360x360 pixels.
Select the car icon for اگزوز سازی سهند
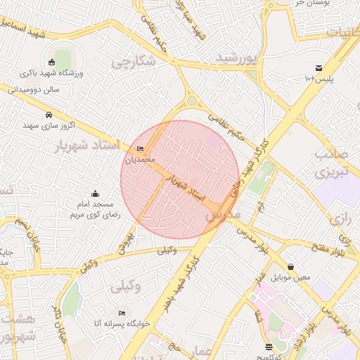click(48, 115)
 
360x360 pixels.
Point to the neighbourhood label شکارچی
click(133, 62)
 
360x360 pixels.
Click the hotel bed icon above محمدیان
click(141, 148)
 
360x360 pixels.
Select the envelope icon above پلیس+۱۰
click(319, 68)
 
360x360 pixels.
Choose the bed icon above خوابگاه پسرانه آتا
click(122, 313)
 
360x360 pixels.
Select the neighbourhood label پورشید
click(237, 56)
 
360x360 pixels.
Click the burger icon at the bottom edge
click(269, 347)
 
